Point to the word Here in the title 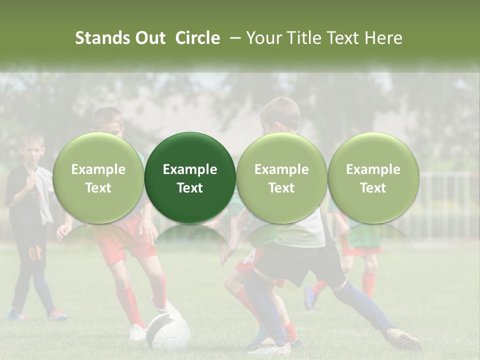(x=384, y=38)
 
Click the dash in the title (x=233, y=38)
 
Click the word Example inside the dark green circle (x=190, y=169)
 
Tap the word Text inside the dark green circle (x=190, y=188)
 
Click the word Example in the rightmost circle (x=373, y=169)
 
